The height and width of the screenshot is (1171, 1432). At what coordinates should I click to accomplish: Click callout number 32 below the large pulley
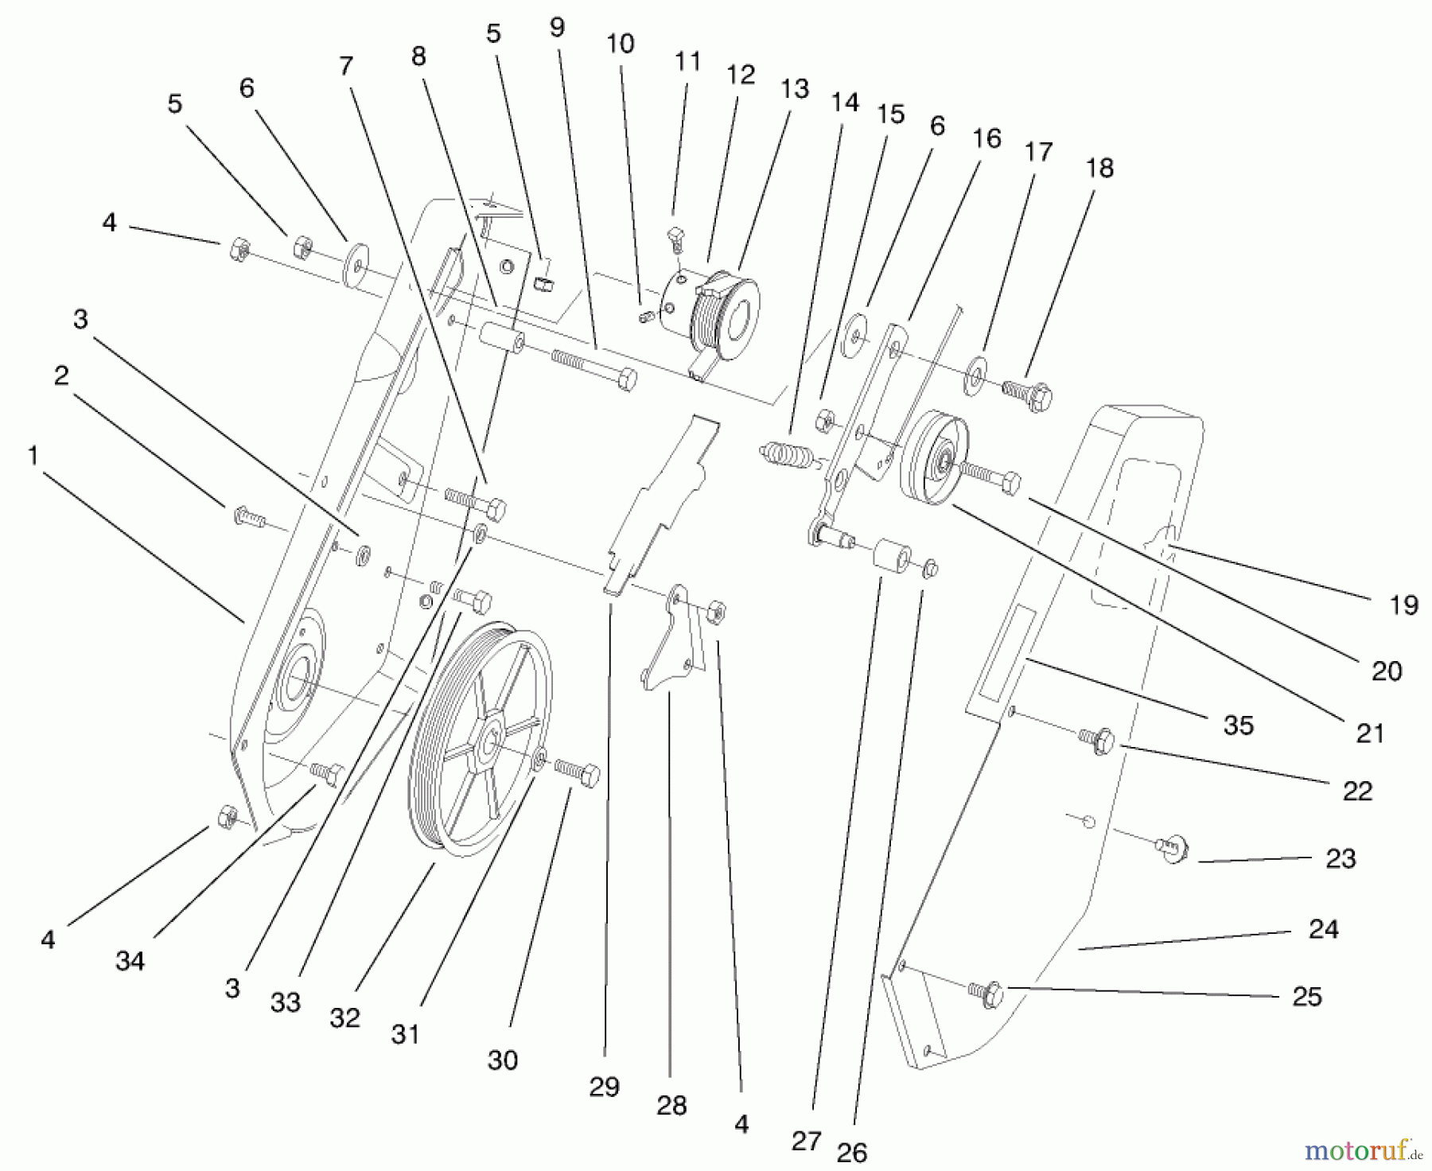coord(344,1017)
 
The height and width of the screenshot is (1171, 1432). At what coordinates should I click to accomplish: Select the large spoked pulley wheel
coord(480,740)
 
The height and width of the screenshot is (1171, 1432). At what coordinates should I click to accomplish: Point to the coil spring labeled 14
coord(786,456)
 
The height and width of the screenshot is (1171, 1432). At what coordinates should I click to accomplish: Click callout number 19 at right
coord(1403,605)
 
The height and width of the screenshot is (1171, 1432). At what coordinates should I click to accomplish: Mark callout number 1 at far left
coord(33,455)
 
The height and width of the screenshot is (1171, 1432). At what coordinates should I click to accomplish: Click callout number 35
coord(1239,725)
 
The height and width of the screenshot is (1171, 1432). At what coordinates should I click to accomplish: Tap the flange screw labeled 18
coord(1027,391)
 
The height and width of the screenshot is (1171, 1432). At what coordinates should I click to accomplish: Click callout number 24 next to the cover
coord(1323,928)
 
